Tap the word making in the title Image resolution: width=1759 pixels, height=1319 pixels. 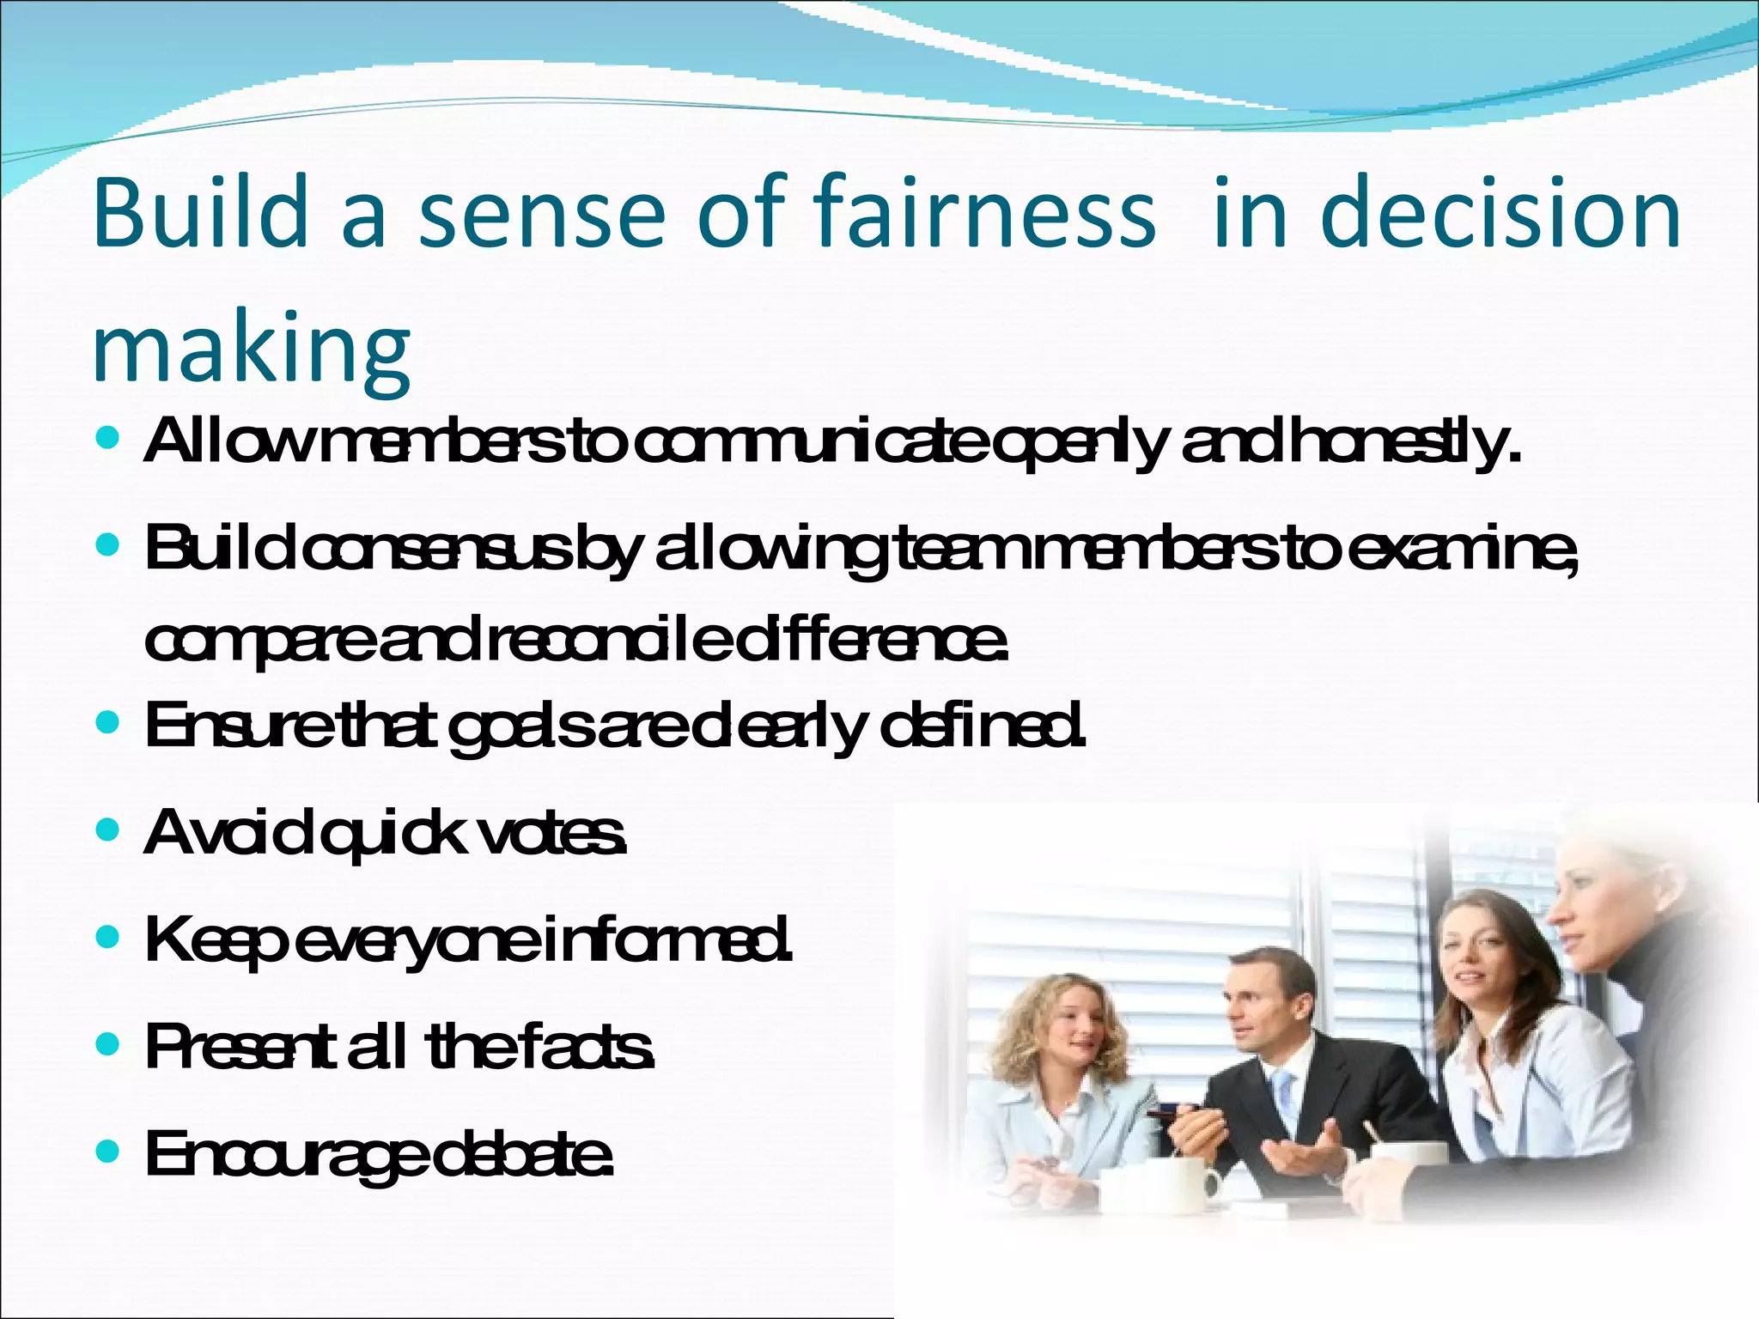click(x=251, y=349)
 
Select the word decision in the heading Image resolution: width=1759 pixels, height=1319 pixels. click(x=1500, y=212)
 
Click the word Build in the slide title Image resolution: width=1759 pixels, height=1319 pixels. click(x=199, y=212)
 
